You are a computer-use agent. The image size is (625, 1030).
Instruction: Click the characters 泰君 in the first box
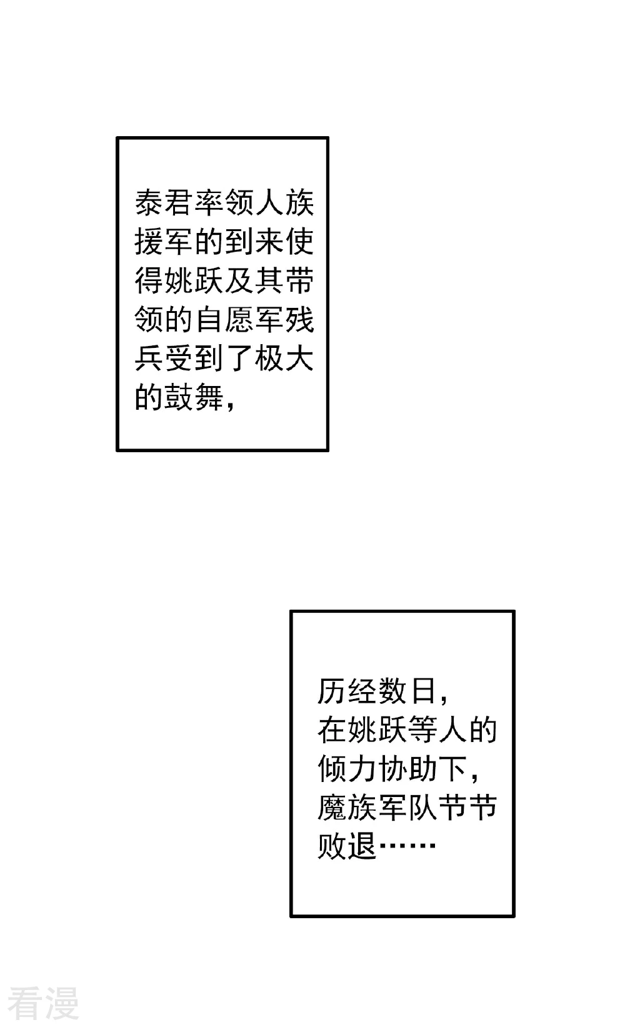point(164,202)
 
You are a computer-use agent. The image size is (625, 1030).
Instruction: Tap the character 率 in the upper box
point(209,202)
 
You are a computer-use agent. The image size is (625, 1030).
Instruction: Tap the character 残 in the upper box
point(299,320)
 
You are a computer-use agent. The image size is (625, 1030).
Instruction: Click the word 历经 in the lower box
point(347,691)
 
